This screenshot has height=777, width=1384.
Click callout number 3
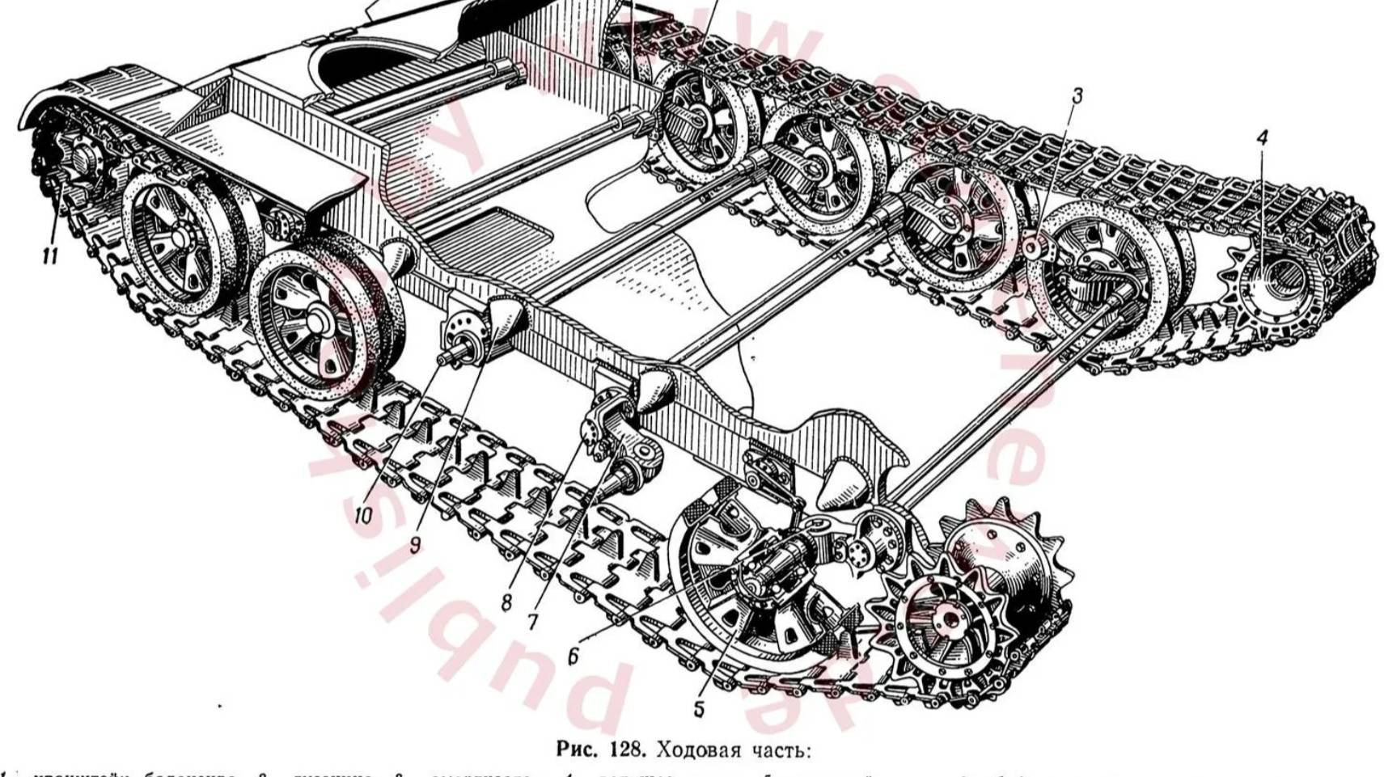tap(1077, 96)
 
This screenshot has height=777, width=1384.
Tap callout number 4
tap(1262, 138)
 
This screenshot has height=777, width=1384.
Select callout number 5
tap(699, 709)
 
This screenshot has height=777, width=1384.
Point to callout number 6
tap(573, 657)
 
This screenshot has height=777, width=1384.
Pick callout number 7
tap(532, 622)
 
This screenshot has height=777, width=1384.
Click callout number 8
tap(506, 602)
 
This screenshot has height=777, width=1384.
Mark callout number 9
tap(415, 544)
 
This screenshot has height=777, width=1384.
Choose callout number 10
tap(362, 514)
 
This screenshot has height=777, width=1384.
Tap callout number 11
tap(50, 256)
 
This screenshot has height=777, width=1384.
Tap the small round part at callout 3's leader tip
tap(1033, 247)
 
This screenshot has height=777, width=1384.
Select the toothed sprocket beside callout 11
tap(77, 166)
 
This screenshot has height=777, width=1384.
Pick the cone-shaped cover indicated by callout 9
tap(506, 319)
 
